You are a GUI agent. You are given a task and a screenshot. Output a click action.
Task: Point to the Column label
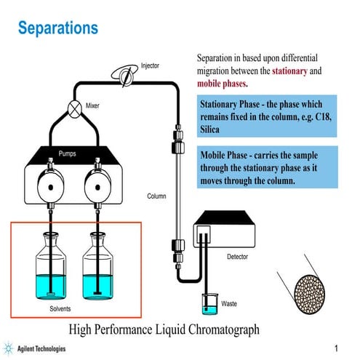156,196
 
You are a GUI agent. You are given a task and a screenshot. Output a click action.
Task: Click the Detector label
237,257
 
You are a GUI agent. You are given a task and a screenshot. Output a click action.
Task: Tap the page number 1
336,347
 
